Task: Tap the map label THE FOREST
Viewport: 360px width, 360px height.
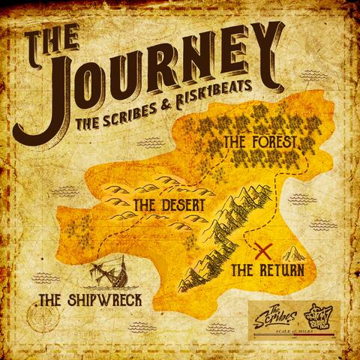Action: click(x=260, y=141)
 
